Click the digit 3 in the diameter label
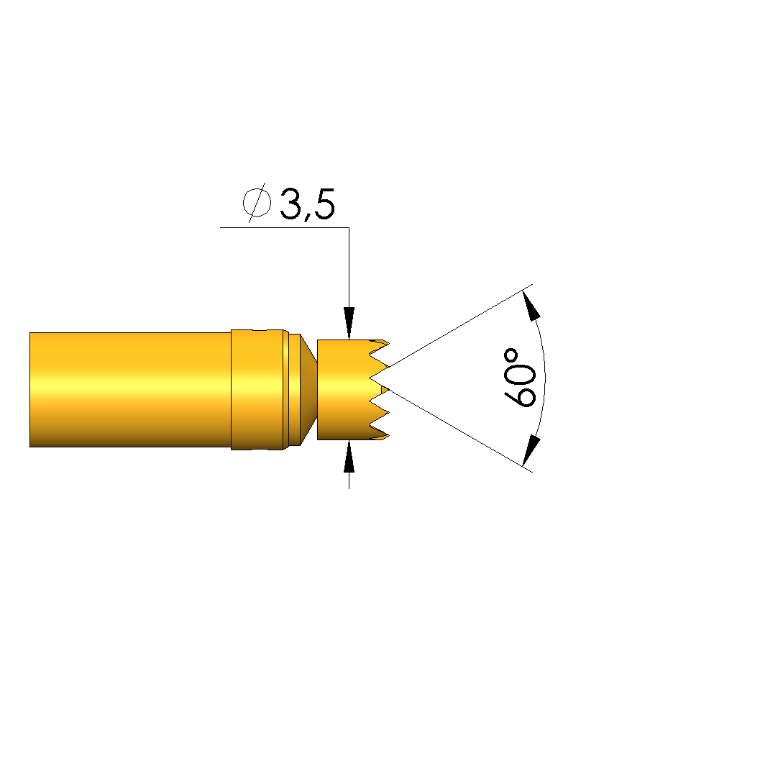[290, 203]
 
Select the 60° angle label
[519, 378]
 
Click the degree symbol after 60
[511, 356]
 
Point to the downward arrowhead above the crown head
[349, 324]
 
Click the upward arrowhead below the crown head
[349, 456]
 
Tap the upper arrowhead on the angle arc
[532, 304]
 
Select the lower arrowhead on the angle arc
[531, 450]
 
